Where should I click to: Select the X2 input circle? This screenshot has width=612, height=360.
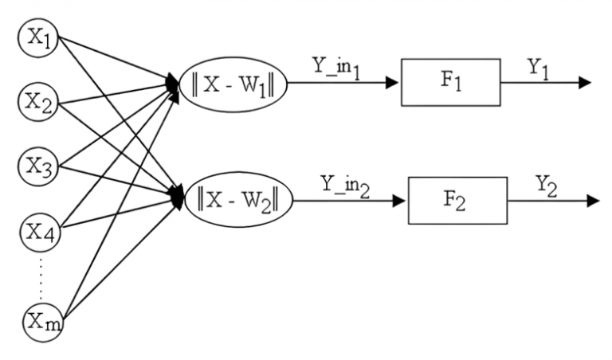click(x=38, y=101)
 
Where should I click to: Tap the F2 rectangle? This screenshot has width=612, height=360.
click(x=457, y=200)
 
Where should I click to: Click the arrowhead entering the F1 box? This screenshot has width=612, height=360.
click(x=391, y=82)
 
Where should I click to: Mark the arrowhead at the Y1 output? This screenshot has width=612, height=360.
click(x=585, y=82)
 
